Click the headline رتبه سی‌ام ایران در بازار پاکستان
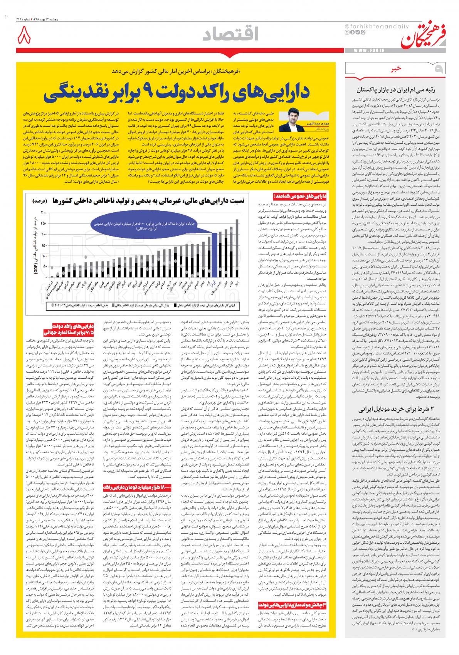tap(402, 91)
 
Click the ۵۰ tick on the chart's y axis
tap(45, 266)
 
